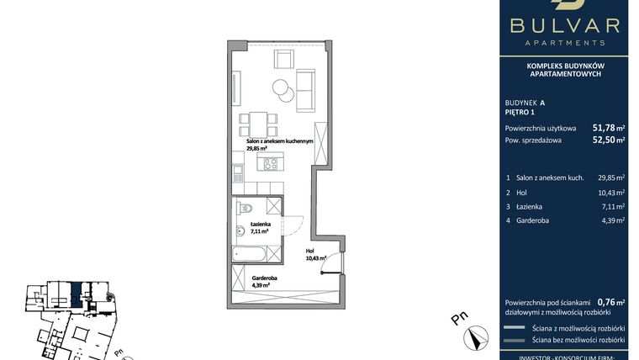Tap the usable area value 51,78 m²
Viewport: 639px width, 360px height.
point(609,128)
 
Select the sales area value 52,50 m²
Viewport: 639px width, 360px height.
point(609,140)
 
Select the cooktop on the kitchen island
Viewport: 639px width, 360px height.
point(270,164)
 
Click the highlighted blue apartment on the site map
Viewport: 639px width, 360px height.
point(76,293)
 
